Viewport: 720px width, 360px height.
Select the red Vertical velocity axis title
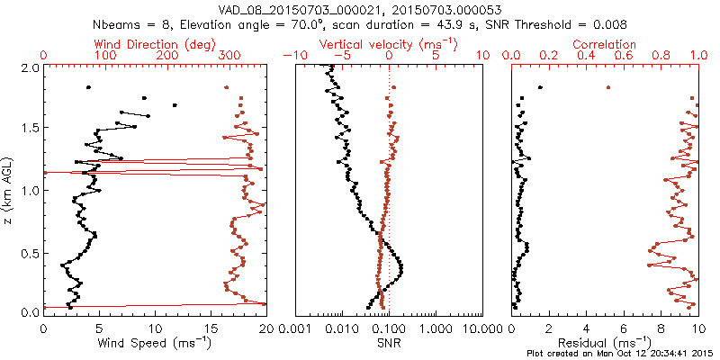(387, 43)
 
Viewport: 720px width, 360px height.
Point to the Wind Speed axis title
(155, 343)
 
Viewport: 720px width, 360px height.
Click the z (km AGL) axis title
(8, 189)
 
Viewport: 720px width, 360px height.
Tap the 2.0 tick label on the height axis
(29, 67)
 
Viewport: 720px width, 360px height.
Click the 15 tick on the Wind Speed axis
(211, 329)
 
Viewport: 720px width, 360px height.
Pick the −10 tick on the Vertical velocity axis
(292, 56)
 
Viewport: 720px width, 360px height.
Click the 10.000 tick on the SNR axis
(481, 329)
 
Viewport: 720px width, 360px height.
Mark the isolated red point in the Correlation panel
(608, 87)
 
